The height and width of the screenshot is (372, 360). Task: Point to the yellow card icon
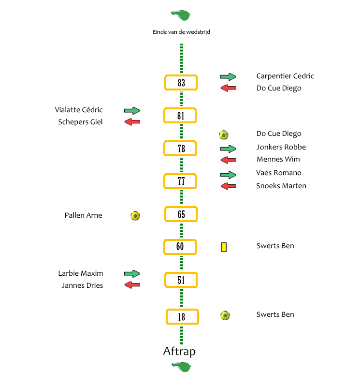[x=224, y=247]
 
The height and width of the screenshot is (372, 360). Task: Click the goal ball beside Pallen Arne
[x=135, y=216]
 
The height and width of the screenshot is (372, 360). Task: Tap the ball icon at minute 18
[x=225, y=315]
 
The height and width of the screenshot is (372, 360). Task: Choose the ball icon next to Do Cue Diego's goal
[x=223, y=135]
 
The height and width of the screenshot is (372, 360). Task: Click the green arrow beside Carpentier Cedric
[x=228, y=76]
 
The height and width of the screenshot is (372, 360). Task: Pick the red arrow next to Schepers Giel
[x=132, y=122]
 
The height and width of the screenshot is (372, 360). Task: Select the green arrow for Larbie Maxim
[x=132, y=273]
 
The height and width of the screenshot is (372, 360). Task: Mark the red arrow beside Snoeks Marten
[x=228, y=186]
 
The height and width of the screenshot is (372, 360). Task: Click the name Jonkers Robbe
[x=281, y=147]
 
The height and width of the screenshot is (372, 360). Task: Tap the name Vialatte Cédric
[x=79, y=110]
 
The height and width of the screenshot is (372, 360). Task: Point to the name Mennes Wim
[x=278, y=159]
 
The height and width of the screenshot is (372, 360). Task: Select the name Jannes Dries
[x=82, y=285]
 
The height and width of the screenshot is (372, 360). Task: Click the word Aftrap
[x=179, y=351]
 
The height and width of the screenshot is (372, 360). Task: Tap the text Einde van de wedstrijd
[x=181, y=32]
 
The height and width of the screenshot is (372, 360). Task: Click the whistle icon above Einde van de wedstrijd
[x=181, y=15]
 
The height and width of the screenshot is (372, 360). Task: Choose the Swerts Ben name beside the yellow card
[x=275, y=246]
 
